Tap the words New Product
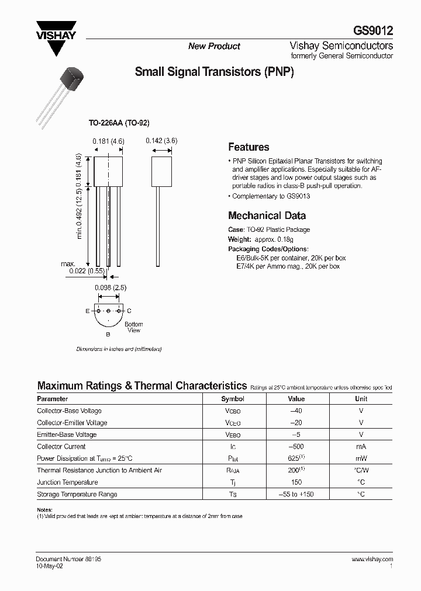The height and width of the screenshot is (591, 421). (214, 46)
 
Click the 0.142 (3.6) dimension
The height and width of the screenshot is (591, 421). (161, 140)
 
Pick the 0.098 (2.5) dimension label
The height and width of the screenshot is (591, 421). (111, 288)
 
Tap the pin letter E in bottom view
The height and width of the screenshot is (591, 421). (87, 311)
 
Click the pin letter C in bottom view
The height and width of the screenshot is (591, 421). (129, 311)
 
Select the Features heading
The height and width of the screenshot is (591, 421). (249, 147)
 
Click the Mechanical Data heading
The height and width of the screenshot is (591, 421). (267, 215)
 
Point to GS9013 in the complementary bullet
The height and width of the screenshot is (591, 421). (299, 196)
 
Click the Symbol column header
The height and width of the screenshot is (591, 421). (233, 399)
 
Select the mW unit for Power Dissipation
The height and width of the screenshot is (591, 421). (361, 458)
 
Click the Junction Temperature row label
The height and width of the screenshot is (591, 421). (67, 482)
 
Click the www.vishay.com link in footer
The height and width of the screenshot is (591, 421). (372, 559)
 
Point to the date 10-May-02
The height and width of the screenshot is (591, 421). (49, 566)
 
